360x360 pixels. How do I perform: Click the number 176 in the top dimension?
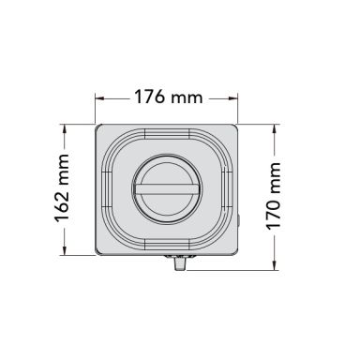[149, 97]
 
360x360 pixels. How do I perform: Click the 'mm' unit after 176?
[187, 98]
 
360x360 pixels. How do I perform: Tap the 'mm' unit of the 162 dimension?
[64, 170]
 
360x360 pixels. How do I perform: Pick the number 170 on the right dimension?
[274, 215]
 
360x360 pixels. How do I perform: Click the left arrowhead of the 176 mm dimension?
[99, 98]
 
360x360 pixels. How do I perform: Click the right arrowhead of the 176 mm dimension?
[233, 98]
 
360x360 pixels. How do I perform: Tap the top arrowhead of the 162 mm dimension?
[65, 129]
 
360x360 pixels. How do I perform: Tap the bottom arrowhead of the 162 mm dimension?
[65, 250]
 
